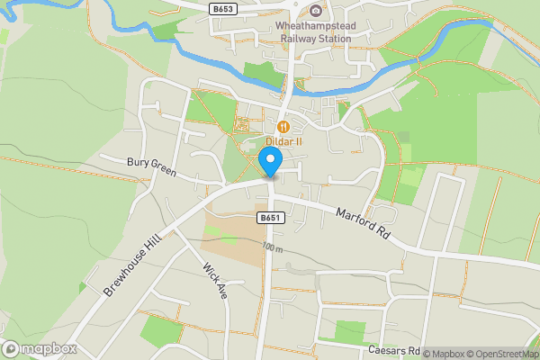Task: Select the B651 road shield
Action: tap(269, 218)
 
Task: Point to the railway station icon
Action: tap(316, 11)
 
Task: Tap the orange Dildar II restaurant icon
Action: tap(283, 127)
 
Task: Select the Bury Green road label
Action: tap(150, 166)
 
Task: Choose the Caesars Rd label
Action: tap(394, 349)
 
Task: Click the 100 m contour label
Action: tap(273, 247)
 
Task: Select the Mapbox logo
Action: tap(40, 349)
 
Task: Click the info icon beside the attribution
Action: tap(416, 354)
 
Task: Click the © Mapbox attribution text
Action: tap(445, 354)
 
